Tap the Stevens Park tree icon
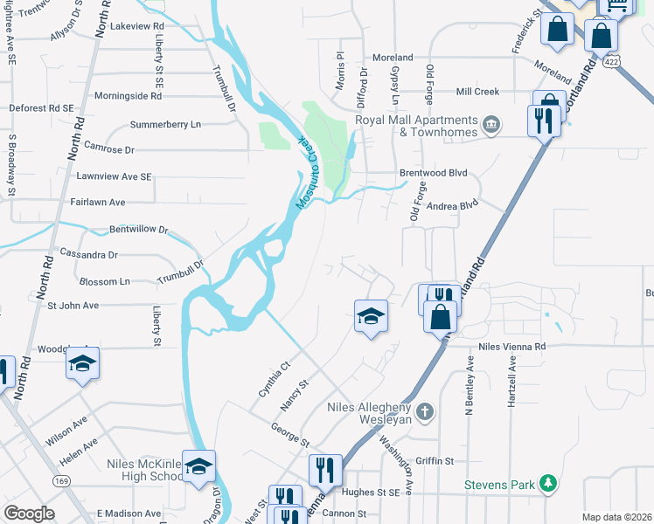click(548, 482)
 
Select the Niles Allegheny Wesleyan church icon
click(424, 410)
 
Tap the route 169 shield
click(61, 480)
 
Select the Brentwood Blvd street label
click(434, 173)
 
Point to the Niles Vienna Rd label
click(511, 347)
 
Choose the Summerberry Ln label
click(165, 124)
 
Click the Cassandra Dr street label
click(88, 254)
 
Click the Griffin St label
click(435, 460)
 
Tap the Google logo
click(29, 514)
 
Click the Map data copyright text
click(616, 517)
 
